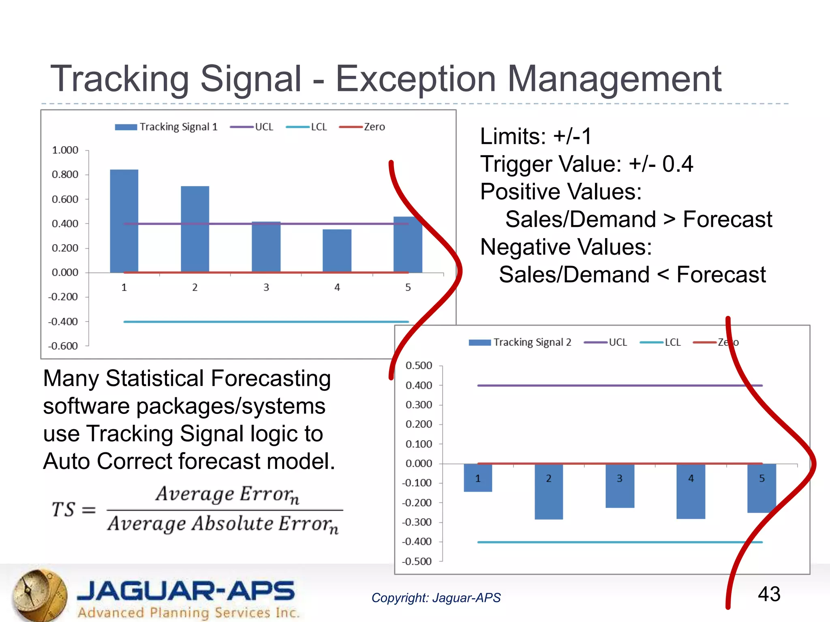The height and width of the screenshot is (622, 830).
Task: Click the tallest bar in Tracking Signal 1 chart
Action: pos(124,221)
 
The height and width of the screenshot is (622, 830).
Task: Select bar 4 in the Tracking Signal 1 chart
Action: pos(337,251)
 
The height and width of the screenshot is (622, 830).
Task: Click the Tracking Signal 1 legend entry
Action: pos(166,127)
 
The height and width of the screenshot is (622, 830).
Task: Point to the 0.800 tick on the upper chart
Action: pos(65,175)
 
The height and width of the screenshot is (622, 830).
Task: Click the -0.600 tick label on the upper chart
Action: pos(63,346)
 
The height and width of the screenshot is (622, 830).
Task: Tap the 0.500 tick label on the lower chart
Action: pos(419,365)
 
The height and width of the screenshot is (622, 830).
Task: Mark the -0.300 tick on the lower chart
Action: pos(417,522)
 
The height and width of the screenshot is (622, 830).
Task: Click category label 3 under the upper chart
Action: pos(266,287)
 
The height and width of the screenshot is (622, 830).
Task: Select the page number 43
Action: pos(769,594)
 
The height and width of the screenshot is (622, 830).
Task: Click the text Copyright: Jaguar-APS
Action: pos(436,598)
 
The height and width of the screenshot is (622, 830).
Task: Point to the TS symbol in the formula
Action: pos(63,509)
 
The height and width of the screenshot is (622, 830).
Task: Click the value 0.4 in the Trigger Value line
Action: pos(677,164)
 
